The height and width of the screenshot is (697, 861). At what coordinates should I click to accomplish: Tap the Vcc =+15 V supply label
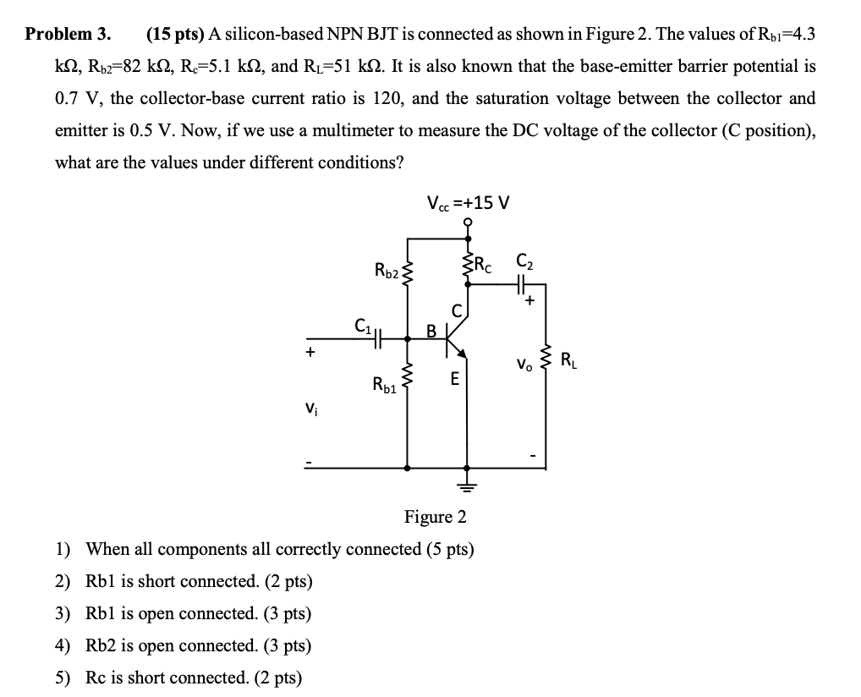[468, 203]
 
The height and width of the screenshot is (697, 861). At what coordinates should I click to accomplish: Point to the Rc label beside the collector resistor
[484, 263]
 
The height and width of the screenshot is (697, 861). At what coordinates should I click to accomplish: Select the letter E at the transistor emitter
[454, 381]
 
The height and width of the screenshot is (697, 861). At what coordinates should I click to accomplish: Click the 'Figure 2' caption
[435, 516]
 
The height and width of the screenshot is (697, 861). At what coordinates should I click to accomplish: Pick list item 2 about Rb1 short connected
[199, 581]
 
